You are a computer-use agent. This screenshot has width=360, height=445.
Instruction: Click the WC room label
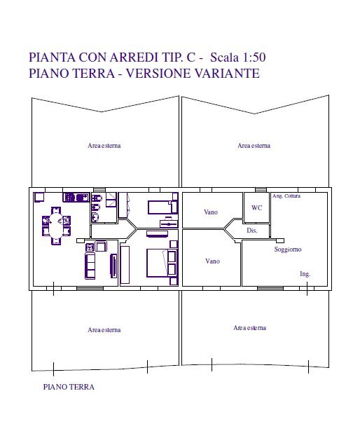click(x=256, y=208)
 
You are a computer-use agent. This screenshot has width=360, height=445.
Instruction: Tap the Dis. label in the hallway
click(x=253, y=231)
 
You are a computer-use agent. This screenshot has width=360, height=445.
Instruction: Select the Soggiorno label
click(x=287, y=249)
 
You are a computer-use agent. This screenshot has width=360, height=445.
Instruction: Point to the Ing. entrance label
click(x=305, y=274)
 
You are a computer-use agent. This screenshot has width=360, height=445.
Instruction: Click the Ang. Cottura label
click(x=286, y=196)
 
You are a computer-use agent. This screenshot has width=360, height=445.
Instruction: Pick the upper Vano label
click(x=211, y=212)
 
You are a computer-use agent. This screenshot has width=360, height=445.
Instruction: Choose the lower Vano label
click(x=212, y=261)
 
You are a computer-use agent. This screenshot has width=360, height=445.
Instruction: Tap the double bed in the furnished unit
click(x=160, y=263)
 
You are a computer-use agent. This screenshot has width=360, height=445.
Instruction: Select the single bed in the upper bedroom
click(x=162, y=207)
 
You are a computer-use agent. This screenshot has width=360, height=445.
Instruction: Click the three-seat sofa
click(x=90, y=266)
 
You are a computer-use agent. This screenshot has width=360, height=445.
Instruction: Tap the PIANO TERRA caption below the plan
click(x=68, y=386)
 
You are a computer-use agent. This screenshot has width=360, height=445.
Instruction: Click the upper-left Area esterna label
click(x=104, y=146)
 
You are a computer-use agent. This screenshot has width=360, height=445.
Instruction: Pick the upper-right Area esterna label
click(x=254, y=146)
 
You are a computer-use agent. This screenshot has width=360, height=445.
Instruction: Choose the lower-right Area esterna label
click(x=249, y=328)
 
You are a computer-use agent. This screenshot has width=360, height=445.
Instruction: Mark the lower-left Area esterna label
click(x=104, y=329)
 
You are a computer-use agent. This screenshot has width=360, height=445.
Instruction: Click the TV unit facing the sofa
click(x=113, y=266)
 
